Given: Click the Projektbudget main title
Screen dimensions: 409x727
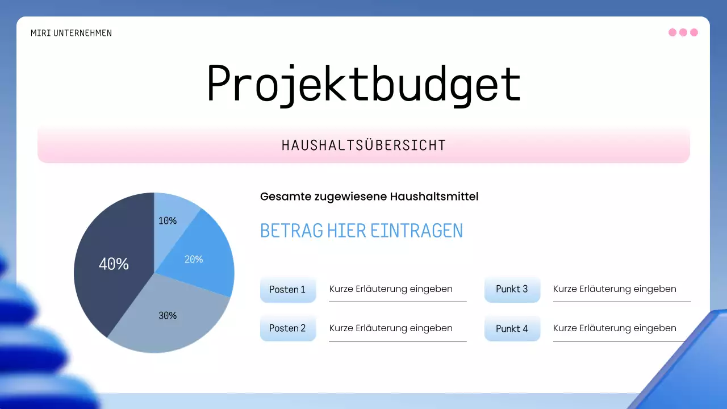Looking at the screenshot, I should (363, 84).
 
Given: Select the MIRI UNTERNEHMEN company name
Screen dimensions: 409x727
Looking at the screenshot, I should (71, 33).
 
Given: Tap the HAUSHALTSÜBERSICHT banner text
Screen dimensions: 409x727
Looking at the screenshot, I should (363, 145).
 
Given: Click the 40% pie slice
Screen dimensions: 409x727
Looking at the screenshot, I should (114, 264).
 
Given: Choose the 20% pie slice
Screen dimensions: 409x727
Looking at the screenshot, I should (196, 258).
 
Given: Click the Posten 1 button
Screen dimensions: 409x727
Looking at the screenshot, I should (287, 289).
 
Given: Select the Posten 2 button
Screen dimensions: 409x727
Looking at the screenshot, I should (287, 328).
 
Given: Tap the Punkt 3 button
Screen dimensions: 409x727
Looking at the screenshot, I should (512, 289).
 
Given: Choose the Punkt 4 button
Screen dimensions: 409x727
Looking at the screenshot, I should (512, 328).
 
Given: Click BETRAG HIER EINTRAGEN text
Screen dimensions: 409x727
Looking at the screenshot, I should (361, 231).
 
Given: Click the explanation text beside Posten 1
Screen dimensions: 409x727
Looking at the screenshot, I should (391, 289).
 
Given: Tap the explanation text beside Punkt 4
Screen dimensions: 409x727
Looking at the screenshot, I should (615, 328).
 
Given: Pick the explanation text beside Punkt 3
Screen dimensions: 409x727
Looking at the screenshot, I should (615, 289).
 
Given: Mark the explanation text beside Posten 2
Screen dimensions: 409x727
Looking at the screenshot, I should (391, 328).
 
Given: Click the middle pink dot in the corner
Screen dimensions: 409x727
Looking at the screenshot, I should (683, 32).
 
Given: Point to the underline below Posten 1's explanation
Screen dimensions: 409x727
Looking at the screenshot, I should (398, 302).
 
